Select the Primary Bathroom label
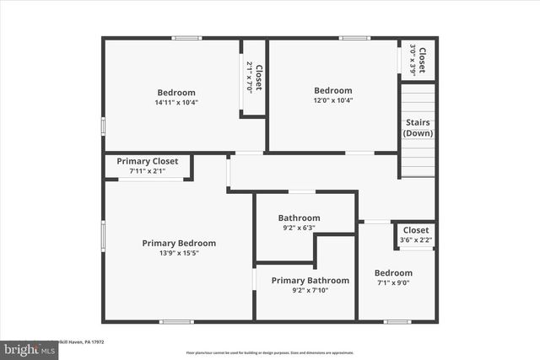click(310, 281)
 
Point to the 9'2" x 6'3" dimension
click(299, 227)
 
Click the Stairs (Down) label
click(418, 128)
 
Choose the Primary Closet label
click(146, 161)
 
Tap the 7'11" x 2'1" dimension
click(147, 171)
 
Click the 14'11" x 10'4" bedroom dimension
click(176, 102)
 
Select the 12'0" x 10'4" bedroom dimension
click(333, 100)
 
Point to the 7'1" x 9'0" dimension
click(393, 283)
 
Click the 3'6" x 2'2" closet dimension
click(415, 240)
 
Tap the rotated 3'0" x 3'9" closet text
click(413, 59)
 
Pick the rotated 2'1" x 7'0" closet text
click(248, 78)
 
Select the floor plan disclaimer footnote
click(270, 352)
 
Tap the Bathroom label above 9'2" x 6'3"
click(299, 218)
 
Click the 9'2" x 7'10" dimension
click(310, 291)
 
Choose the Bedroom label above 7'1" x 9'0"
click(393, 273)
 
